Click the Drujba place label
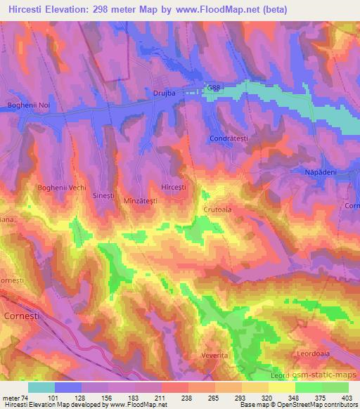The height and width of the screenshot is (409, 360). click(x=163, y=91)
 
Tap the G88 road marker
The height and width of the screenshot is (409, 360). click(x=213, y=86)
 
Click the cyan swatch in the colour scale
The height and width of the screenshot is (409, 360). click(x=41, y=387)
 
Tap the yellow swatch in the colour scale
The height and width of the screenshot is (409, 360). click(x=281, y=387)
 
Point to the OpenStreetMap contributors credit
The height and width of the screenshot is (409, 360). click(x=316, y=405)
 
